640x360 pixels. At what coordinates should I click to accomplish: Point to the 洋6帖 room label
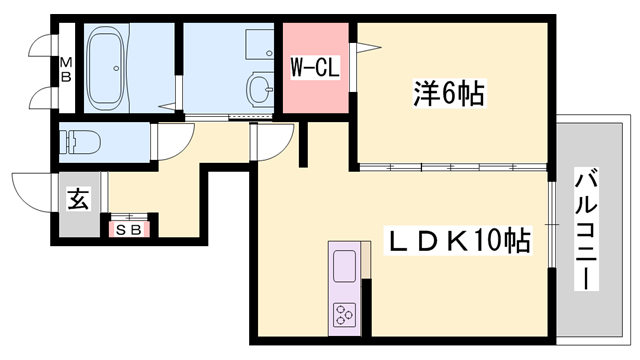[449, 96]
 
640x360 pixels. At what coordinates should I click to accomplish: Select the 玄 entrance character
[78, 198]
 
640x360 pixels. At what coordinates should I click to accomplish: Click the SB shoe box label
[129, 229]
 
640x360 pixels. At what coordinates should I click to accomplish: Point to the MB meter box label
[67, 71]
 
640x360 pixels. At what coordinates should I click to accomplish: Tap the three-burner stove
[343, 315]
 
